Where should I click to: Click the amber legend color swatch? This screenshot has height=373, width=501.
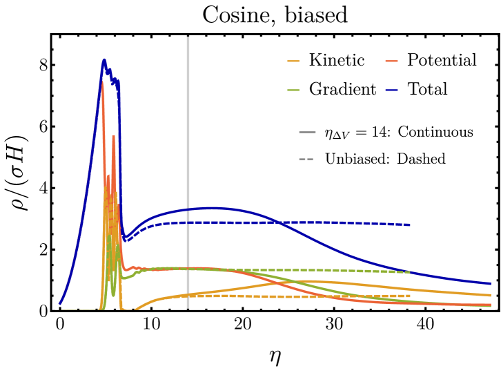(293, 61)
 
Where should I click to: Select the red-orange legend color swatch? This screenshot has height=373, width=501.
(391, 61)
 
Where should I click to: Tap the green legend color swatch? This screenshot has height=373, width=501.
(293, 90)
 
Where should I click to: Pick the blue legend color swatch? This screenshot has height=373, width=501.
(391, 90)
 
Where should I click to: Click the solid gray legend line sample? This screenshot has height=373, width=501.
(307, 132)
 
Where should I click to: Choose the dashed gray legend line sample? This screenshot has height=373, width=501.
(306, 160)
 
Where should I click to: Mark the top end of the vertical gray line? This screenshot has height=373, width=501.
(188, 37)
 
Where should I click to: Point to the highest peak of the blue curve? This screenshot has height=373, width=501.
(104, 59)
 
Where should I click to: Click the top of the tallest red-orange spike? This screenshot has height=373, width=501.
(103, 82)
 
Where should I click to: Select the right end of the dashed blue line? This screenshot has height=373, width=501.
(411, 224)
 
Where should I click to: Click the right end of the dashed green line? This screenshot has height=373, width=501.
(410, 272)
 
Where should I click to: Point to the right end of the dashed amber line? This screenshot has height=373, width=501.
(411, 296)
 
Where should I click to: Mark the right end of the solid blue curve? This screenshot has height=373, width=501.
(491, 283)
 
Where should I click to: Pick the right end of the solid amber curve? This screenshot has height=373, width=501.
(491, 295)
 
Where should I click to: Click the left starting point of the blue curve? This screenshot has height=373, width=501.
(60, 303)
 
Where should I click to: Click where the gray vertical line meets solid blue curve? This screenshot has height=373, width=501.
(188, 209)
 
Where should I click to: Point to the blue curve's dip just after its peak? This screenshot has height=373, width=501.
(126, 240)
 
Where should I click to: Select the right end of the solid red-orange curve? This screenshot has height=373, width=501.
(491, 305)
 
